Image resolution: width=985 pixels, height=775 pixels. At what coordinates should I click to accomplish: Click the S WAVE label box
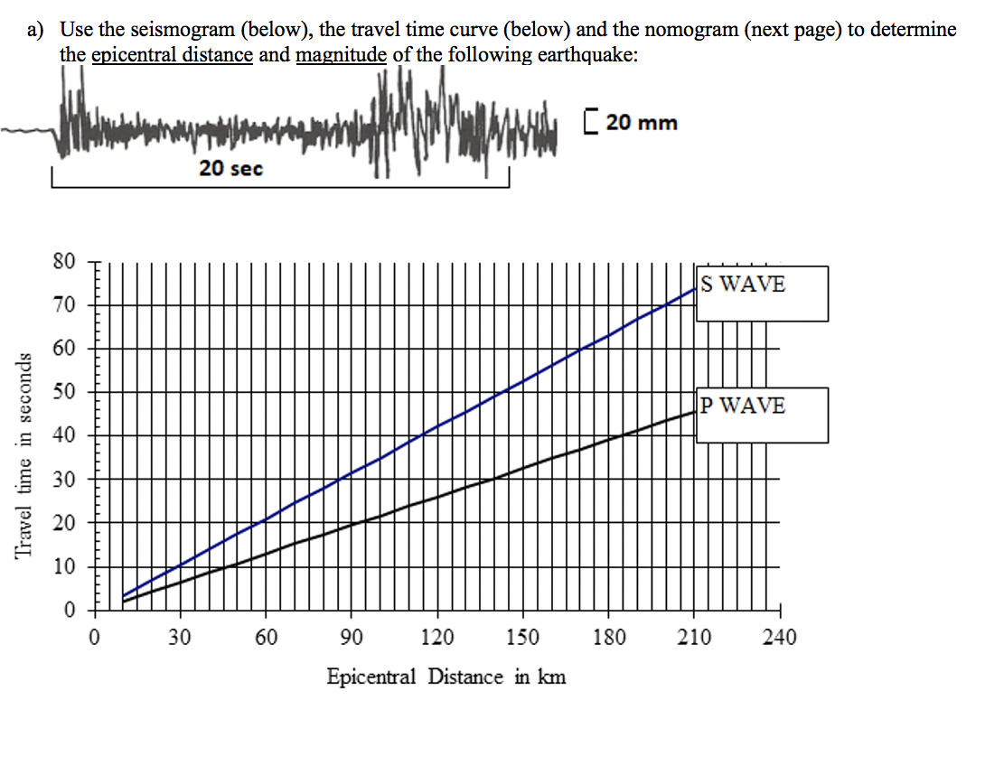[761, 293]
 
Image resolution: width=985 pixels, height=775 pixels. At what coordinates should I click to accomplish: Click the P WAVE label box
[761, 415]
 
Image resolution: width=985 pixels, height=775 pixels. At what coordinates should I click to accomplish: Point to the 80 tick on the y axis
[63, 262]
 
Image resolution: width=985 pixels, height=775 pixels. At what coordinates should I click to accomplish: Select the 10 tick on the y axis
[63, 567]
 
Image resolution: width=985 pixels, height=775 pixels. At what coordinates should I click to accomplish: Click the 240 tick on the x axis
[779, 638]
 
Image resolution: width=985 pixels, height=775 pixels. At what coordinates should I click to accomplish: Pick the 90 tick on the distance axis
[352, 638]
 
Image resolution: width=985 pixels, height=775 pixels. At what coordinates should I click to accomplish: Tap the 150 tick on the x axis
[522, 638]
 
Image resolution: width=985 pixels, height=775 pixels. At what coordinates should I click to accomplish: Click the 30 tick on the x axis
[180, 638]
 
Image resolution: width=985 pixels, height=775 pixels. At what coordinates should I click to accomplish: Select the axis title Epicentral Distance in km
[446, 677]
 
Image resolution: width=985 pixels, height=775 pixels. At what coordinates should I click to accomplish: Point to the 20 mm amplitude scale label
[642, 122]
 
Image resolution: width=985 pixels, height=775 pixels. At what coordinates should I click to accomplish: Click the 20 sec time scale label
[231, 167]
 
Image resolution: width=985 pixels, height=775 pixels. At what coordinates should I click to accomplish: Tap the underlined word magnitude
[341, 54]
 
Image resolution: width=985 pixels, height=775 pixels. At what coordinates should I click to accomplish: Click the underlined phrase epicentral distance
[172, 54]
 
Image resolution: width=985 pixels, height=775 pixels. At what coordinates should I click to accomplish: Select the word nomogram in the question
[699, 29]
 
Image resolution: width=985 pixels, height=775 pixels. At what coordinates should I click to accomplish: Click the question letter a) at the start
[35, 29]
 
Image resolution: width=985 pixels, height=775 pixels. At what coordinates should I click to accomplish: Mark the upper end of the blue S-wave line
[695, 288]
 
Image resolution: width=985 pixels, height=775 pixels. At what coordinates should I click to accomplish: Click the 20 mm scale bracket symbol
[591, 122]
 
